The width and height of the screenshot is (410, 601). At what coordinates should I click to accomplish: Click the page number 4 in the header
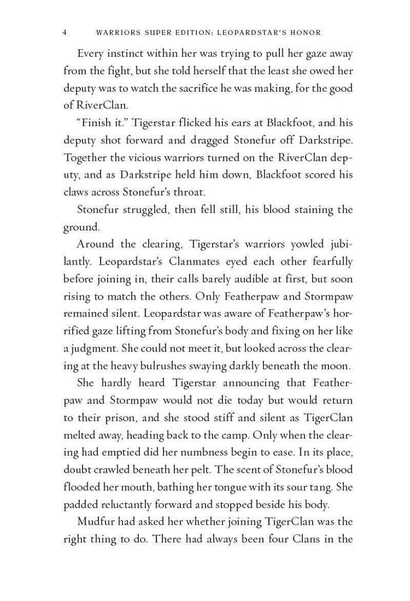(x=65, y=33)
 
